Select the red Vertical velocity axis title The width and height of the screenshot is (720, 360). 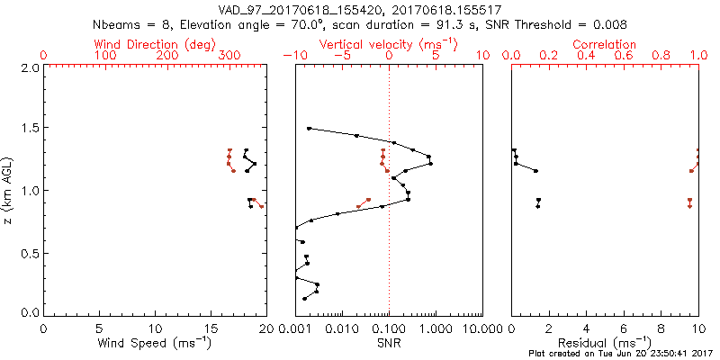[x=387, y=44]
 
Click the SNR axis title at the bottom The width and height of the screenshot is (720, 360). [x=389, y=342]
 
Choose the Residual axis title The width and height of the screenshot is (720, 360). [x=606, y=342]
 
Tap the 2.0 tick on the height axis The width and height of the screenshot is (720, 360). [x=29, y=67]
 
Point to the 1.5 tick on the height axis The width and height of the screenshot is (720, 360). [x=29, y=129]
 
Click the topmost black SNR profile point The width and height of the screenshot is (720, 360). [x=309, y=129]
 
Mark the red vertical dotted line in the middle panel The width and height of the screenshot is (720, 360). [x=389, y=225]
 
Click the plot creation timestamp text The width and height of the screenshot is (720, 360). [x=621, y=354]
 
